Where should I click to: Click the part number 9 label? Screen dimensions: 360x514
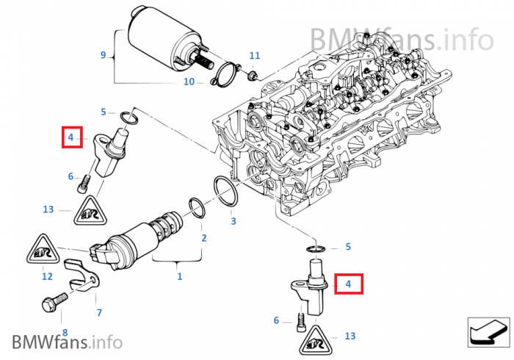click(104, 55)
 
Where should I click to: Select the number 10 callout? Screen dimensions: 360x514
click(189, 82)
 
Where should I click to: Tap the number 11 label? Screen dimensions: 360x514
click(255, 56)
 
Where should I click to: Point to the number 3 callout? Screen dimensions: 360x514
click(233, 220)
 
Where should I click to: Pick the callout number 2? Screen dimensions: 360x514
click(203, 237)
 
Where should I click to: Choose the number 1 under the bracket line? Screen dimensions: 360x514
click(179, 276)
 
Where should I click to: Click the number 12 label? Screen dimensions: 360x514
click(47, 276)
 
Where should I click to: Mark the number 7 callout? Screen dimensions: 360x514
click(99, 312)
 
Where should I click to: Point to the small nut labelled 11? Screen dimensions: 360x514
click(251, 74)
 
